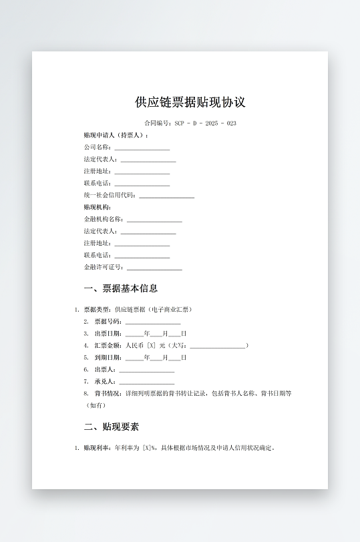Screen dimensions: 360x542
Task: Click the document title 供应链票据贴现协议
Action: [190, 102]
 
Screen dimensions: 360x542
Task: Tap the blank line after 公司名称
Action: [142, 148]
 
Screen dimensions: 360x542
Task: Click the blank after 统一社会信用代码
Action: [167, 196]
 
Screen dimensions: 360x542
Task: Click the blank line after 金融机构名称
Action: [154, 220]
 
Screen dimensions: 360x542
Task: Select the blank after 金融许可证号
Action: [154, 268]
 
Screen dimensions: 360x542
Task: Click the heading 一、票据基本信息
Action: [121, 289]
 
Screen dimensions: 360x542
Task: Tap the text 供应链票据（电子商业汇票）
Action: [154, 310]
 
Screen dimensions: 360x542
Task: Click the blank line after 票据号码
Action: [153, 322]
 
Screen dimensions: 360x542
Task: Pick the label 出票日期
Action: [108, 334]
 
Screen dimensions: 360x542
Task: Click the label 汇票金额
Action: [108, 346]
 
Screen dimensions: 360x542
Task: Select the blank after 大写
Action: [218, 346]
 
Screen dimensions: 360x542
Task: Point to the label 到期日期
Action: [108, 358]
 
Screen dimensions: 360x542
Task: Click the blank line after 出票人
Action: [147, 370]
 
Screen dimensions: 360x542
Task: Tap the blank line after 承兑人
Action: [147, 382]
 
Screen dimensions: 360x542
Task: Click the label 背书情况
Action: [108, 394]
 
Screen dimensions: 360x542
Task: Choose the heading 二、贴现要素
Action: [112, 427]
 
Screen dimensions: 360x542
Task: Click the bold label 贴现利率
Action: [97, 448]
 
